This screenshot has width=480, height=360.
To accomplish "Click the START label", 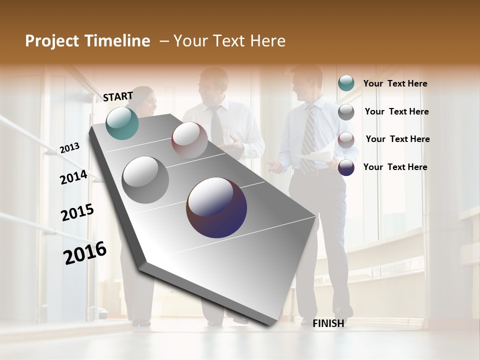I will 118,96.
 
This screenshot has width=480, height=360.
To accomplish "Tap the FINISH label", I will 328,323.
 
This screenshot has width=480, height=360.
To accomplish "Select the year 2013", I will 69,147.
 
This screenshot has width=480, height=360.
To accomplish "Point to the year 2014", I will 73,177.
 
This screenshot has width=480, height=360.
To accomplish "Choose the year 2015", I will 77,212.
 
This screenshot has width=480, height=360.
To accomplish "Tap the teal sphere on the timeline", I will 122,123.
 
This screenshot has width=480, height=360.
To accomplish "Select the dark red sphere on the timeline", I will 189,140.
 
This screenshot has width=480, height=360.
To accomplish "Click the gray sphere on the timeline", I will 145,179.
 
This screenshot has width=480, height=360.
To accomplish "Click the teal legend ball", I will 346,83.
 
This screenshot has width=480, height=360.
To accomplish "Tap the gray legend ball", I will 346,112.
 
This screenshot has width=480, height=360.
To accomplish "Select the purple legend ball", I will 346,167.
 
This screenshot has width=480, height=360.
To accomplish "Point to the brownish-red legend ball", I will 346,140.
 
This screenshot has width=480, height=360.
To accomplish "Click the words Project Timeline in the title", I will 87,41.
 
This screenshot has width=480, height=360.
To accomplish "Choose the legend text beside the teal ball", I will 395,84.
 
